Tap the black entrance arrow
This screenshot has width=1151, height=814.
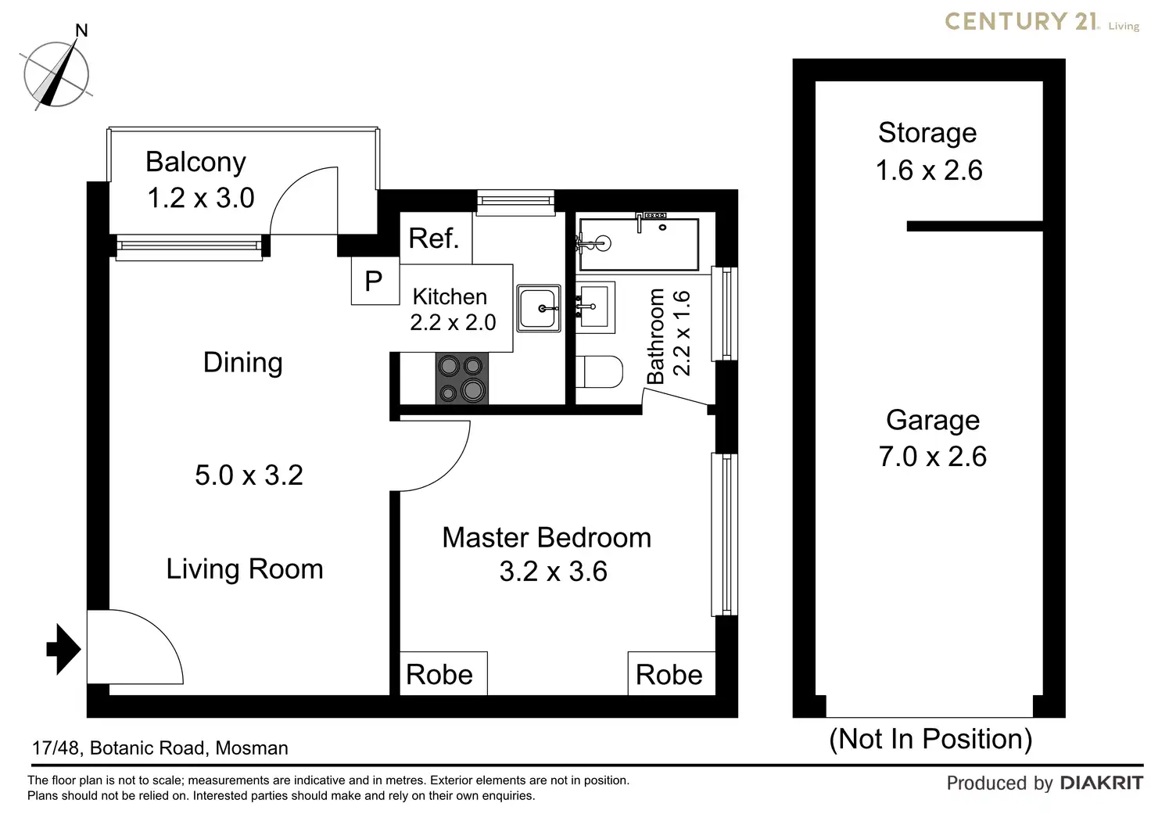pyautogui.click(x=63, y=649)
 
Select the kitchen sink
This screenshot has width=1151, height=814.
pyautogui.click(x=539, y=308)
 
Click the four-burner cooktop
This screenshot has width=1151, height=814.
pyautogui.click(x=462, y=378)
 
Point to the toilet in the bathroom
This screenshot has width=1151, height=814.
pyautogui.click(x=599, y=371)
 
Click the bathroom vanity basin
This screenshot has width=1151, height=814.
pyautogui.click(x=595, y=307)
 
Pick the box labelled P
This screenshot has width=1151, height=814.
pyautogui.click(x=375, y=281)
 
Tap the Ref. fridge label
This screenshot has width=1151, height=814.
pyautogui.click(x=434, y=238)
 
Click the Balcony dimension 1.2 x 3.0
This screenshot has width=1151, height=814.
pyautogui.click(x=201, y=198)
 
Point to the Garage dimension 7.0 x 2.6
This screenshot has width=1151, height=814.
pyautogui.click(x=933, y=457)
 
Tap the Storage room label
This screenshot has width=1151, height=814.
pyautogui.click(x=927, y=133)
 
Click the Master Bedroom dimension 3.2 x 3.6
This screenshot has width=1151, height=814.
pyautogui.click(x=554, y=572)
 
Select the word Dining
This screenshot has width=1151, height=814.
pyautogui.click(x=243, y=363)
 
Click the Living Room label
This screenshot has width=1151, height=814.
pyautogui.click(x=245, y=569)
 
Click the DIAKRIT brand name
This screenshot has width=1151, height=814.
pyautogui.click(x=1102, y=783)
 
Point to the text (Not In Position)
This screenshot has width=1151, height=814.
pyautogui.click(x=930, y=740)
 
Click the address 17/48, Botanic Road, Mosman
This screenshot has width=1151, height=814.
pyautogui.click(x=160, y=748)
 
